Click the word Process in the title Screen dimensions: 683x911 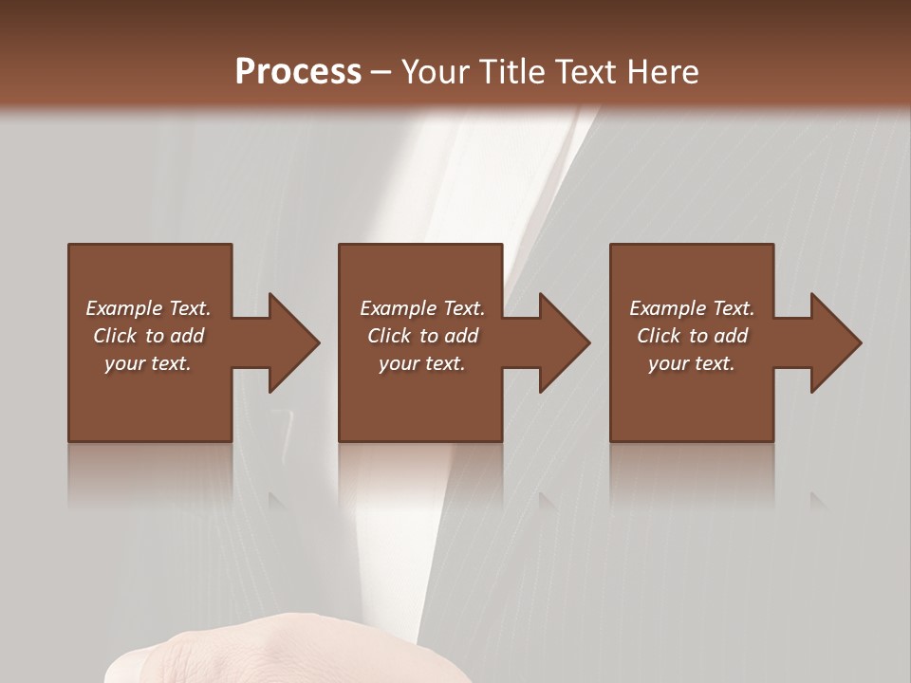coord(298,72)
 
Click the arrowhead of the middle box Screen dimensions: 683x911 coord(564,342)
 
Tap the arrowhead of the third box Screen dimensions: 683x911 coord(835,342)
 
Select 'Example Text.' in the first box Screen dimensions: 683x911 coord(148,308)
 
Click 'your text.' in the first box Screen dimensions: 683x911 coord(148,363)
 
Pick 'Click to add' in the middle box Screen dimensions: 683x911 coord(422,336)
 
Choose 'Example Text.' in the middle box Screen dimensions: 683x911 coord(422,308)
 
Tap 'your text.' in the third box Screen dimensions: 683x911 coord(692,363)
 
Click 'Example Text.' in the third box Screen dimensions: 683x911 coord(692,308)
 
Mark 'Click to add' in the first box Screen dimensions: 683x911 coord(148,336)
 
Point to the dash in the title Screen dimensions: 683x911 coord(381,73)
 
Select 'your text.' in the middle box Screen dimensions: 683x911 coord(422,363)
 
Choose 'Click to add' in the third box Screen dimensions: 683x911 coord(692,336)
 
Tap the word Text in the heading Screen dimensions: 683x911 coord(582,72)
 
